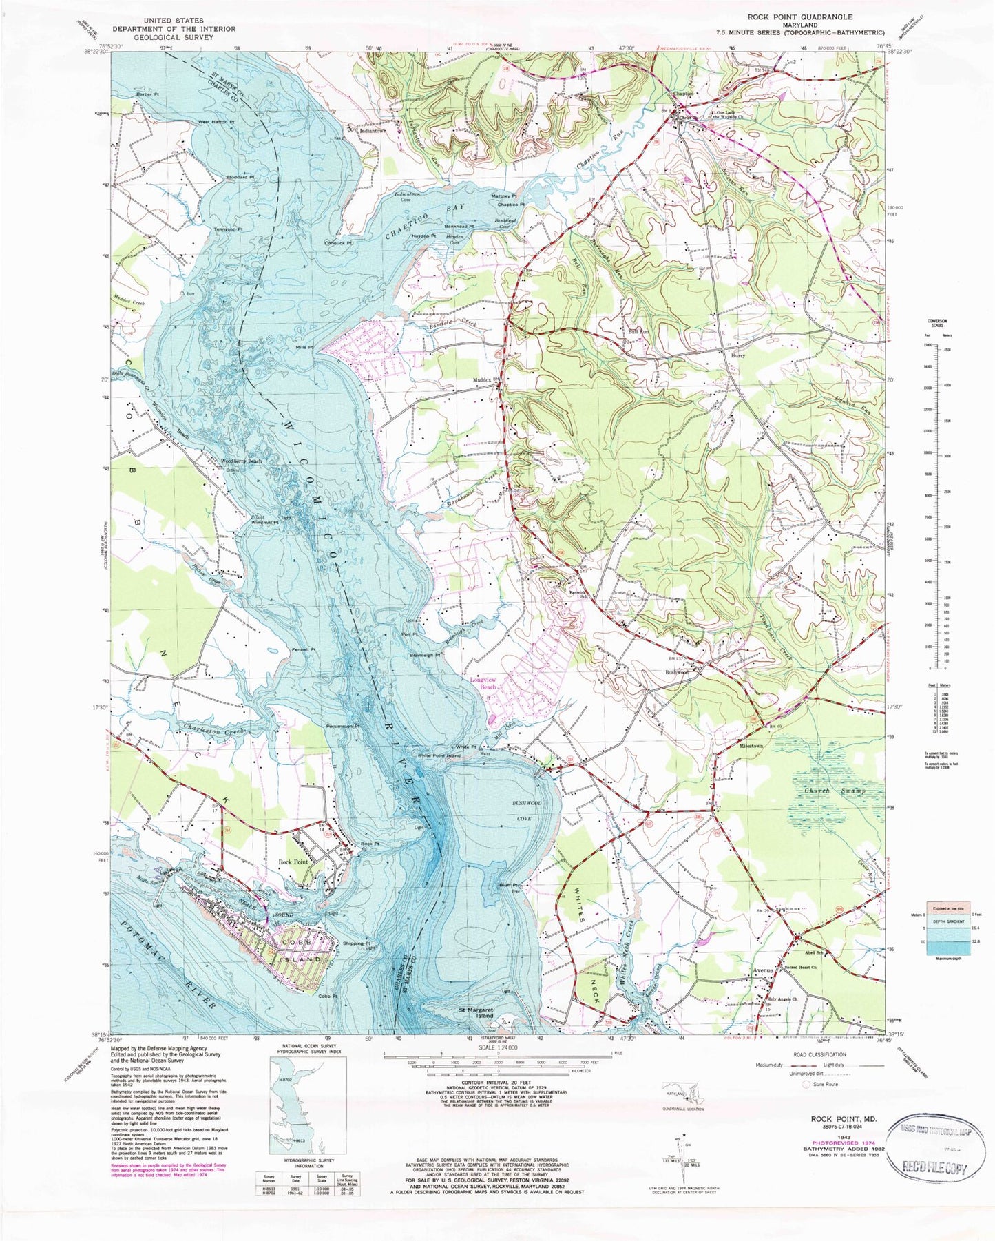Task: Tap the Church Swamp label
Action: click(x=833, y=791)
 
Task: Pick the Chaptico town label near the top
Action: click(x=683, y=96)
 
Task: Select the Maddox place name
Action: click(x=481, y=379)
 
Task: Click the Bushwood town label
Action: click(x=676, y=672)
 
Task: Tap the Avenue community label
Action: click(x=763, y=970)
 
